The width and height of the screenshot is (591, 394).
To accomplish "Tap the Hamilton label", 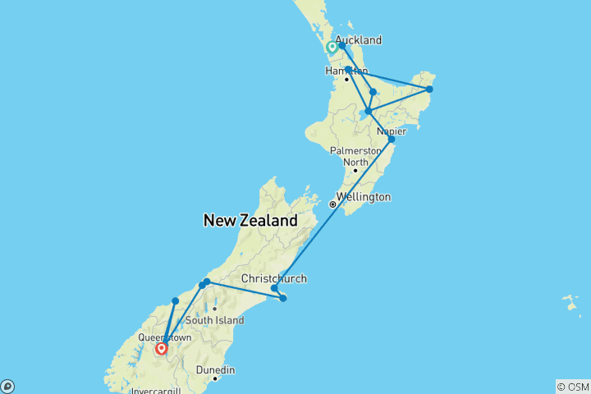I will click(x=346, y=71).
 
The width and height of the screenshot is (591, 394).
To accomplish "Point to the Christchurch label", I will click(x=273, y=279).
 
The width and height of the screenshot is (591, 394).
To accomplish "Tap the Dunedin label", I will click(x=214, y=370).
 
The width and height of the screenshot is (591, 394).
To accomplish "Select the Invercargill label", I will click(x=161, y=391).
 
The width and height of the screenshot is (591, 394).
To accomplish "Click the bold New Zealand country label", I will click(x=250, y=220).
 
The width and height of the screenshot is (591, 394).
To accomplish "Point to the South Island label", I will click(x=212, y=320).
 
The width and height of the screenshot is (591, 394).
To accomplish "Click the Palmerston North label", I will click(x=355, y=156).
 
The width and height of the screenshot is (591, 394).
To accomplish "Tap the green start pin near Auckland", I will click(x=332, y=48).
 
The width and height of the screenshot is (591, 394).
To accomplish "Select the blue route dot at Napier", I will click(x=392, y=140).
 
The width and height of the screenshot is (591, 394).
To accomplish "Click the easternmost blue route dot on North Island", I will click(x=429, y=89).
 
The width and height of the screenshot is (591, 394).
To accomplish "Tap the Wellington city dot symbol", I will click(x=332, y=204).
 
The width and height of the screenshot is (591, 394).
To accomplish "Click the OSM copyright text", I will click(x=572, y=386).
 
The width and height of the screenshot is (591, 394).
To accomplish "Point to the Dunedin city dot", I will click(x=214, y=378).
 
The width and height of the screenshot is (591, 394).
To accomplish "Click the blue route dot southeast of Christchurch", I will click(x=283, y=298).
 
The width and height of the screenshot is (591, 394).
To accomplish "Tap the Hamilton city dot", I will click(x=346, y=80).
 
